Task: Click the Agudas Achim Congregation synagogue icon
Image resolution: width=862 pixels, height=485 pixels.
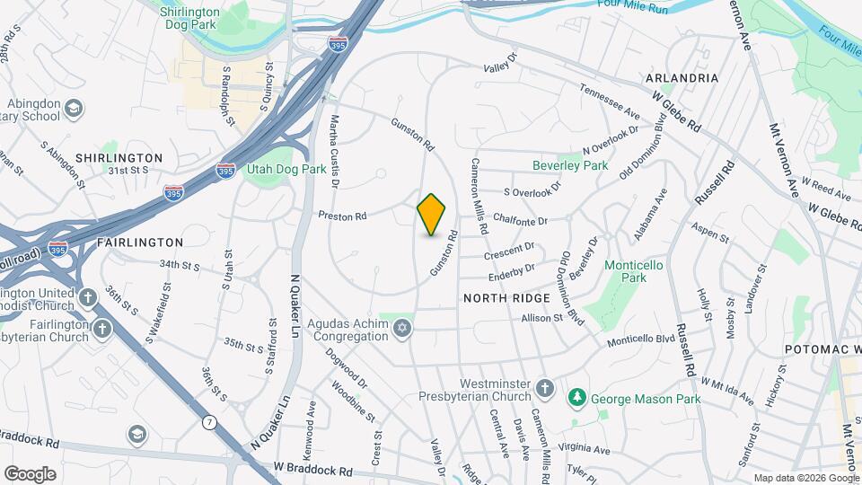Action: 402,328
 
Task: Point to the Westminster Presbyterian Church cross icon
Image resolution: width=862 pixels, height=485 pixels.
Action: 544,388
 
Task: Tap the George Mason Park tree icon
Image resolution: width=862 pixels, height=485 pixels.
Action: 577,396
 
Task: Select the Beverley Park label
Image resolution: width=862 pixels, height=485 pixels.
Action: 569,165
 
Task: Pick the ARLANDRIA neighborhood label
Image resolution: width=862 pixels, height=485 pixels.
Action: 682,78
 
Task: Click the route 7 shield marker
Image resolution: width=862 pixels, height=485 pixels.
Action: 210,421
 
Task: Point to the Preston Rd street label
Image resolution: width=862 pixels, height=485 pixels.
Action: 342,216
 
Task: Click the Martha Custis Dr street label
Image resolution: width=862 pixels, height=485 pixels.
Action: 334,150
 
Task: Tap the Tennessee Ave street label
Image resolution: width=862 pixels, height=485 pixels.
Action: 610,102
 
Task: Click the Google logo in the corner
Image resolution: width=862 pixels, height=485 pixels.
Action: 30,474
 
